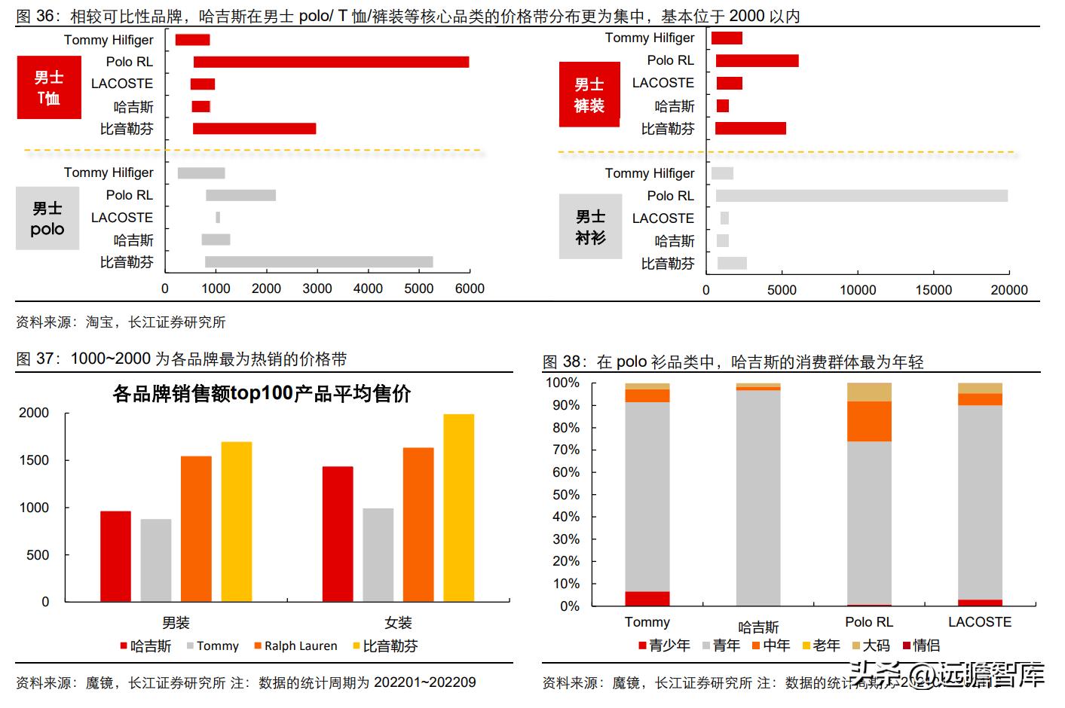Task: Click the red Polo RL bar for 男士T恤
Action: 331,62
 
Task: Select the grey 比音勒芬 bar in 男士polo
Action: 319,262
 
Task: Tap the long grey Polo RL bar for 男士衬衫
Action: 861,196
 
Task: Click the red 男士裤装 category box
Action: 589,95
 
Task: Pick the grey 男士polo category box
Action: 47,218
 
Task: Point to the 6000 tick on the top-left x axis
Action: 470,288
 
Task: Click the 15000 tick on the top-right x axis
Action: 933,290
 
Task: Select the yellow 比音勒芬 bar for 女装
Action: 458,508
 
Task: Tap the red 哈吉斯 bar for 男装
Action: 115,557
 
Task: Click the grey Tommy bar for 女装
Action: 378,555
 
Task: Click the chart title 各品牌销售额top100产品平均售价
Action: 262,394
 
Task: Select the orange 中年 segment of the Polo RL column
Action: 869,421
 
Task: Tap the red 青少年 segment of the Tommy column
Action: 647,599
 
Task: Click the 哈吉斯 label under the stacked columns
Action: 757,627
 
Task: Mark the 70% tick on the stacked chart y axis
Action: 566,450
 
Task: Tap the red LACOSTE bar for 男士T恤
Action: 202,84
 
